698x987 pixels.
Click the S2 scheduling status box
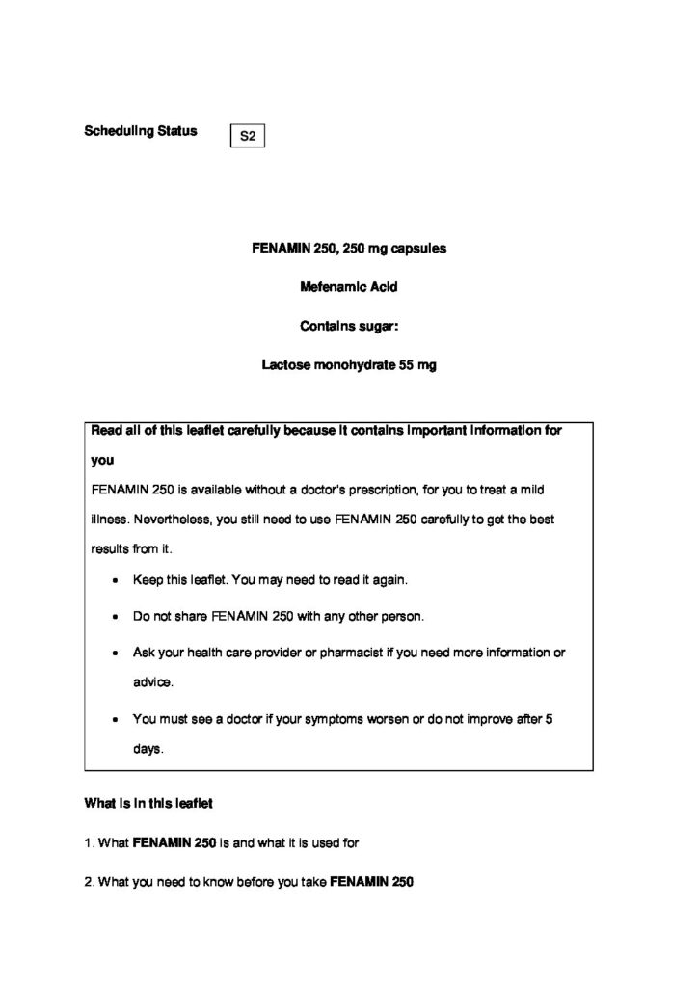tap(248, 137)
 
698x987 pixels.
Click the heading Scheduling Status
tap(141, 131)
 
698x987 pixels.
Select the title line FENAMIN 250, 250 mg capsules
tap(349, 248)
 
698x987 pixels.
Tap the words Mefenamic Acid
tap(349, 287)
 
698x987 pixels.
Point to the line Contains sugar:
tap(349, 327)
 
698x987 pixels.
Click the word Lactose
tap(284, 366)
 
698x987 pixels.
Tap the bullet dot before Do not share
tap(116, 617)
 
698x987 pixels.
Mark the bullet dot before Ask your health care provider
tap(116, 653)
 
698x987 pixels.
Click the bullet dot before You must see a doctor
tap(116, 719)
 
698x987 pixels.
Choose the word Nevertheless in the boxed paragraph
tap(171, 520)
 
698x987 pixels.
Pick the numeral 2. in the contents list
tap(90, 880)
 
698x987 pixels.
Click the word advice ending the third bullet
tap(153, 681)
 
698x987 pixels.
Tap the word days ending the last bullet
tap(148, 748)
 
